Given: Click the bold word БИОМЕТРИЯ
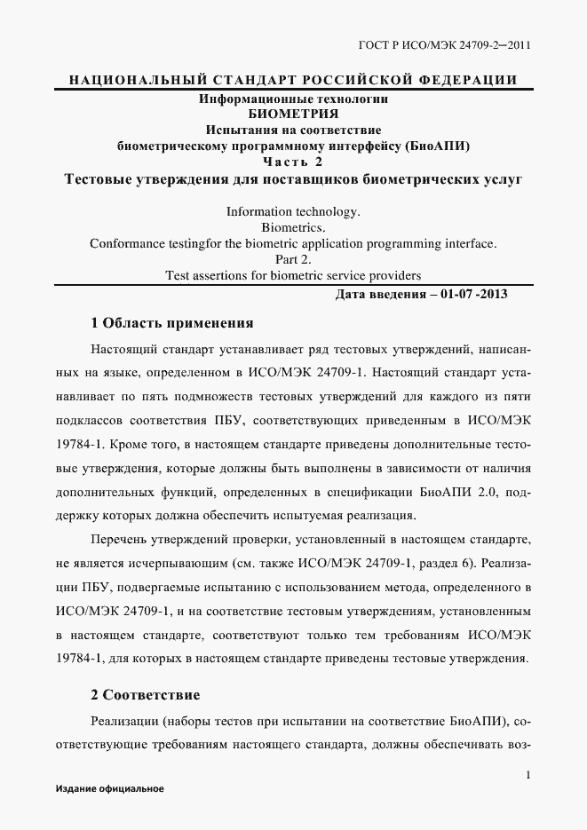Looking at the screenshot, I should pos(293,114).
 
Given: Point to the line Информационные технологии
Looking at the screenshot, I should pos(293,99).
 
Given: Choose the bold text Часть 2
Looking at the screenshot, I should pos(293,162).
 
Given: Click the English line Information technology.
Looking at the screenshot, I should pos(293,212).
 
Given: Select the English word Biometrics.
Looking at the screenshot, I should pos(293,228).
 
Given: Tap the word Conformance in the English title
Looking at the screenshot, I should pos(130,243).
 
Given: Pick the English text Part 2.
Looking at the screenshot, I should pos(293,259).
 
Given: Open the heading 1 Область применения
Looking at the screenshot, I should pos(172,322).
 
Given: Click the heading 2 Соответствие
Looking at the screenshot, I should pos(145,693).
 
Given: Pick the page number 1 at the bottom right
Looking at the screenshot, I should pos(528,775).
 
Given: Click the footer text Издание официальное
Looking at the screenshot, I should pos(109,789).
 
